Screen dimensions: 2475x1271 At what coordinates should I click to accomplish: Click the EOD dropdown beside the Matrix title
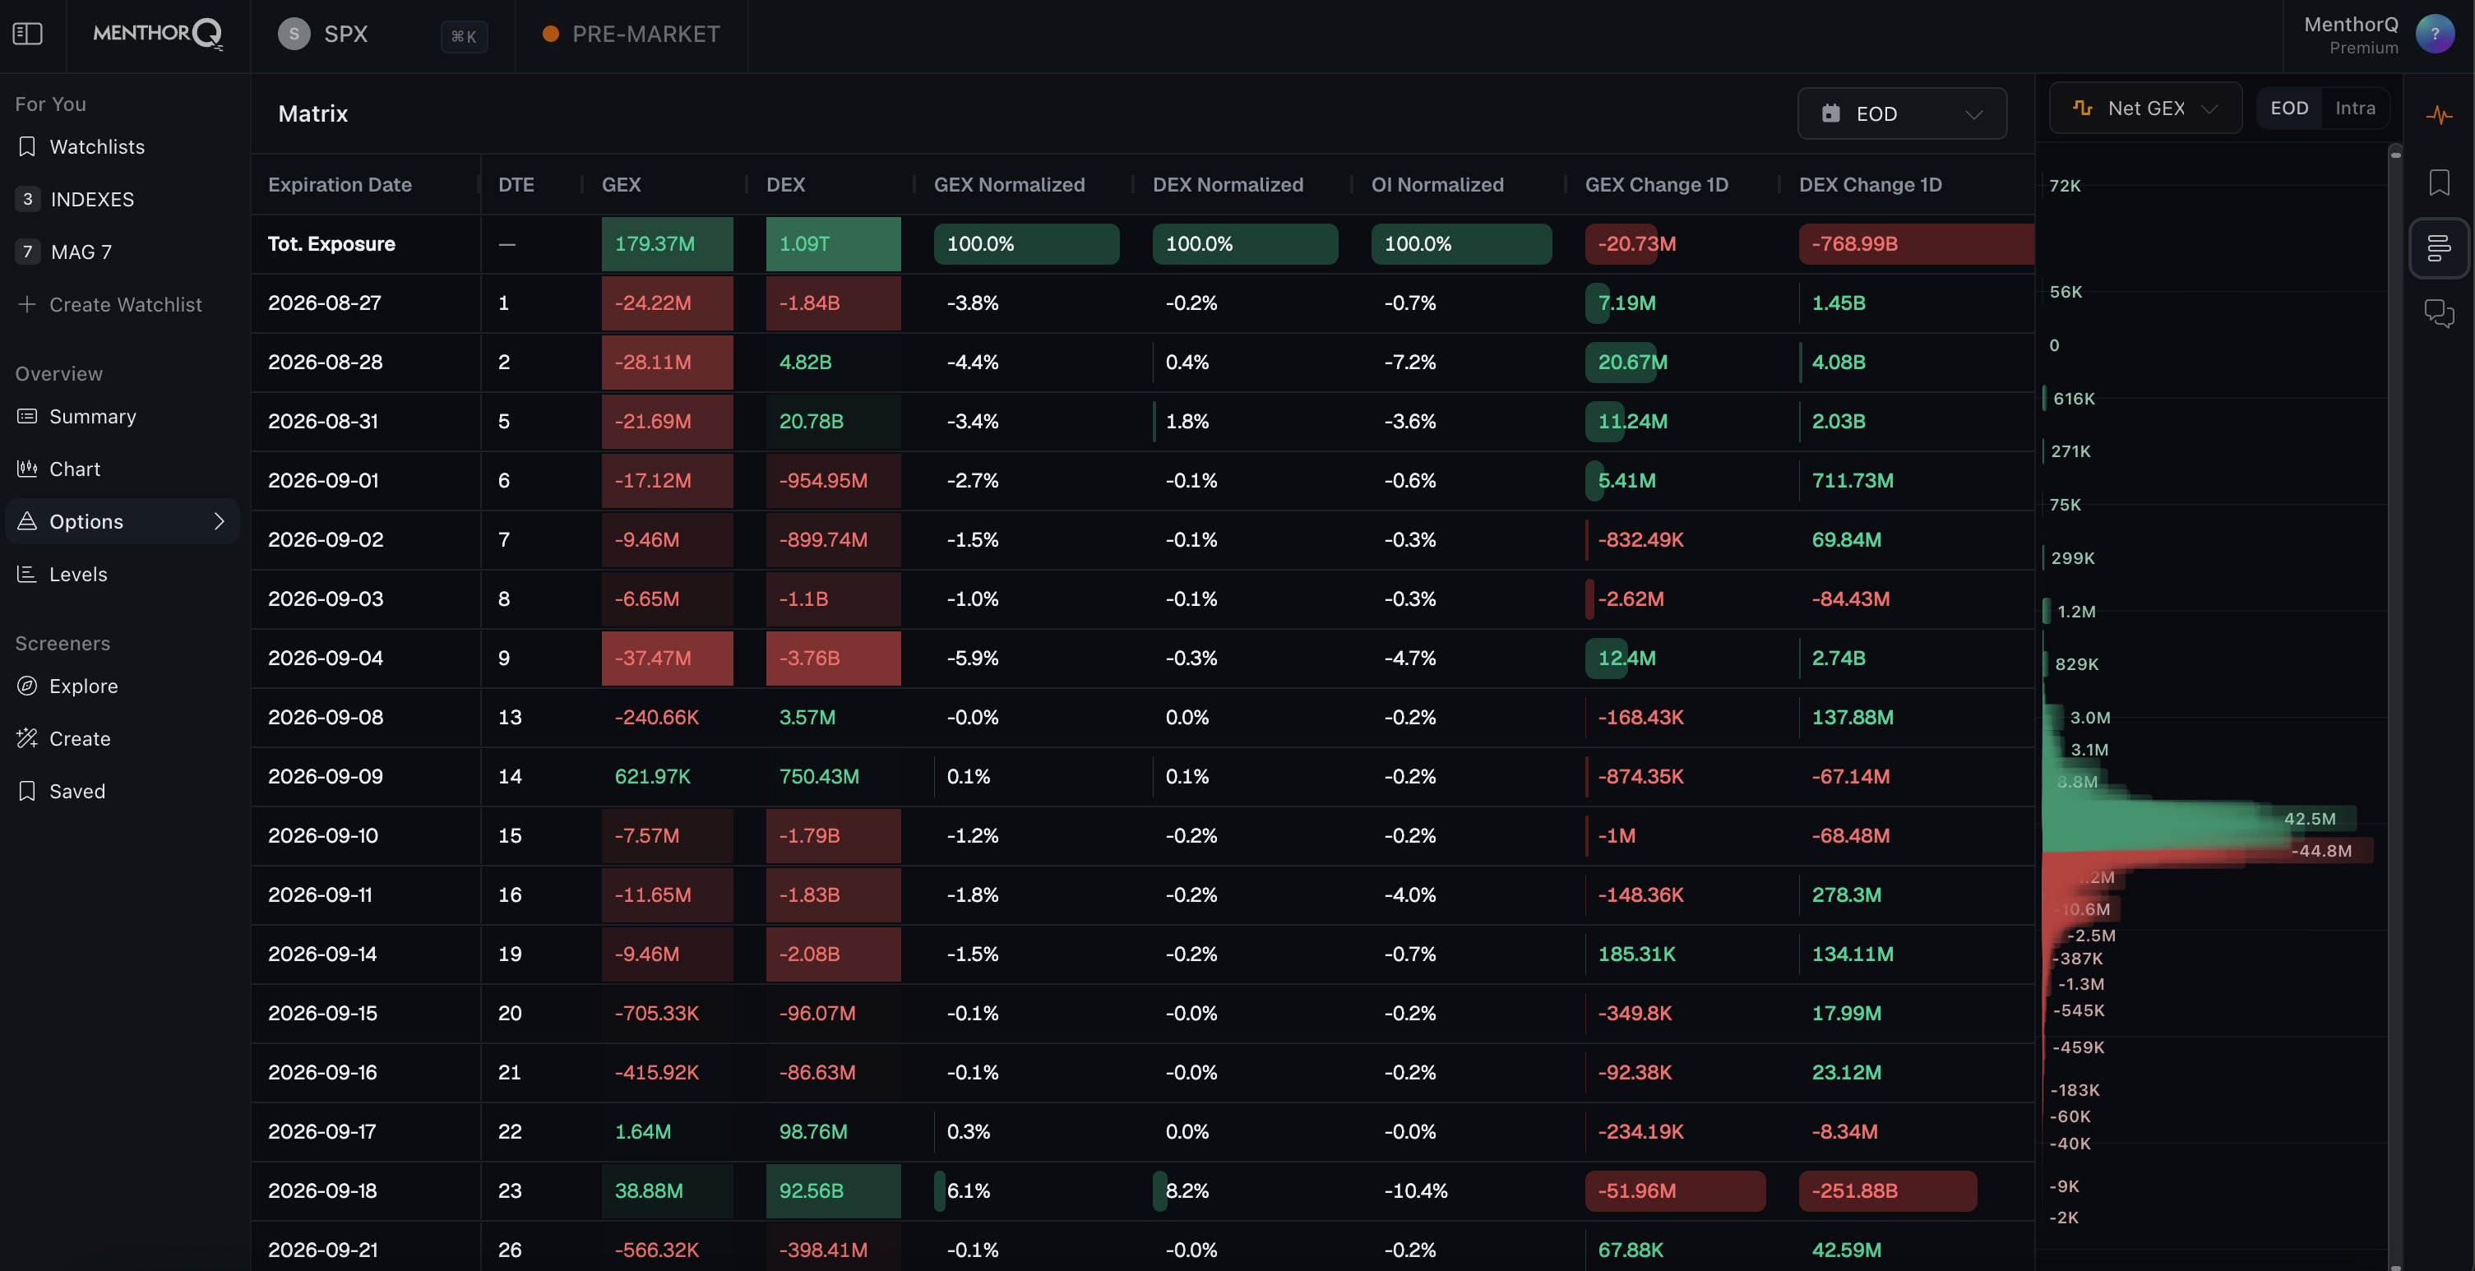(1901, 113)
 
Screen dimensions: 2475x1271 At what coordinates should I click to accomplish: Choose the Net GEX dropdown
(2144, 109)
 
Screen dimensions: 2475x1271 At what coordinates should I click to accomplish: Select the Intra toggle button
(2355, 109)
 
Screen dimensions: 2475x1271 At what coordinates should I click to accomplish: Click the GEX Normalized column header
(1009, 184)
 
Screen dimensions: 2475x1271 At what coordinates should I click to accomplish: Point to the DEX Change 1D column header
(1870, 184)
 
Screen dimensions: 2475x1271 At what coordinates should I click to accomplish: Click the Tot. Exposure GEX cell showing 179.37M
(667, 244)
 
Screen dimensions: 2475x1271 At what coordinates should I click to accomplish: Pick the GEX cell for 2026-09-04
(667, 658)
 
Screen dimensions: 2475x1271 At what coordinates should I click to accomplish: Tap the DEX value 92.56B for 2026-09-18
(833, 1190)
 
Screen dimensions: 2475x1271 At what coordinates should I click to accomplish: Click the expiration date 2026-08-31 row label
(323, 421)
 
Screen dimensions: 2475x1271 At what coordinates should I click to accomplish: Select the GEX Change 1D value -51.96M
(1675, 1190)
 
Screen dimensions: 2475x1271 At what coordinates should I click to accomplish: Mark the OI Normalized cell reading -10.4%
(1415, 1190)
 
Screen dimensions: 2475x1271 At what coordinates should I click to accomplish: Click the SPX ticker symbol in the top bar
(346, 34)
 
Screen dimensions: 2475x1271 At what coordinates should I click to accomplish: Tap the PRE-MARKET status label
(645, 34)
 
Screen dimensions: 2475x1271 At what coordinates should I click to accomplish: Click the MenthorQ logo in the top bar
(159, 34)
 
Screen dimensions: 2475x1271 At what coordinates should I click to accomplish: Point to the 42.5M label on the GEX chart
(2310, 819)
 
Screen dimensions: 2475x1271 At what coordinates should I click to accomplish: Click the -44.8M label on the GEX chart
(2321, 850)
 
